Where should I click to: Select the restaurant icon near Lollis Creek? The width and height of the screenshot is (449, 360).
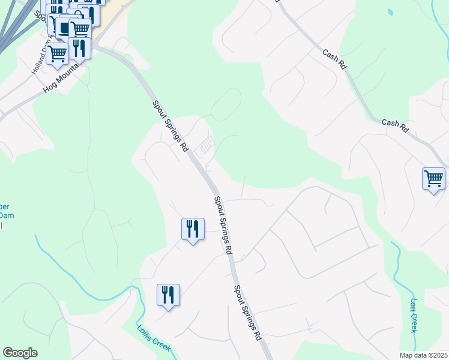(x=168, y=295)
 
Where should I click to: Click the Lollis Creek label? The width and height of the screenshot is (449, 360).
(x=154, y=338)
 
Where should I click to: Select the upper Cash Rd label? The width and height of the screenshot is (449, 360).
(x=334, y=61)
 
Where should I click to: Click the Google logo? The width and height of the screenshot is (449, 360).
(x=20, y=353)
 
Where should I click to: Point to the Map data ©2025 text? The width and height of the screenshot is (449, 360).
(x=423, y=355)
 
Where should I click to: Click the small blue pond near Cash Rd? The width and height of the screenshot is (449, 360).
(x=391, y=12)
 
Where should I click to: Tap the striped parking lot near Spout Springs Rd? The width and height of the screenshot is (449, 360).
(x=206, y=145)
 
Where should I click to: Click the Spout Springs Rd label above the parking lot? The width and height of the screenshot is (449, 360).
(x=171, y=125)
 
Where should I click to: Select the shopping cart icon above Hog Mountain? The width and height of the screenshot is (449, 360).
(x=58, y=53)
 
